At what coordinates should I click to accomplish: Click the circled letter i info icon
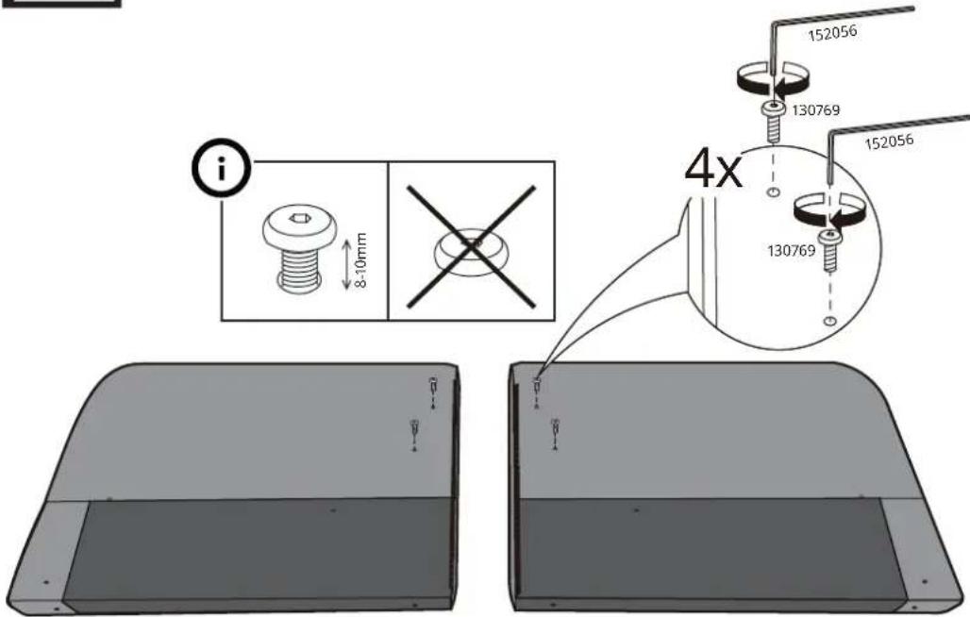pyautogui.click(x=221, y=168)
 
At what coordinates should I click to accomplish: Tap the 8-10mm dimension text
pyautogui.click(x=362, y=259)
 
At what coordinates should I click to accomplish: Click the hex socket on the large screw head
pyautogui.click(x=299, y=218)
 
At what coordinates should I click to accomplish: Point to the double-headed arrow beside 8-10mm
pyautogui.click(x=346, y=264)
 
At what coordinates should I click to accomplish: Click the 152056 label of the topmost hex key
pyautogui.click(x=832, y=33)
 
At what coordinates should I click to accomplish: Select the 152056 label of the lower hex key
pyautogui.click(x=889, y=142)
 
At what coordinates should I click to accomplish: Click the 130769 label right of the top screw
pyautogui.click(x=816, y=110)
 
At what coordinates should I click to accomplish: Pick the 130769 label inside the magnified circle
pyautogui.click(x=792, y=250)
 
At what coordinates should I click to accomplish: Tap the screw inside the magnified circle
pyautogui.click(x=829, y=250)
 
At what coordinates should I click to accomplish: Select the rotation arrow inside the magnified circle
pyautogui.click(x=830, y=211)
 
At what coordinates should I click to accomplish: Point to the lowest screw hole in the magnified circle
pyautogui.click(x=830, y=321)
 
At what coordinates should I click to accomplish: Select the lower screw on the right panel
pyautogui.click(x=555, y=430)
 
